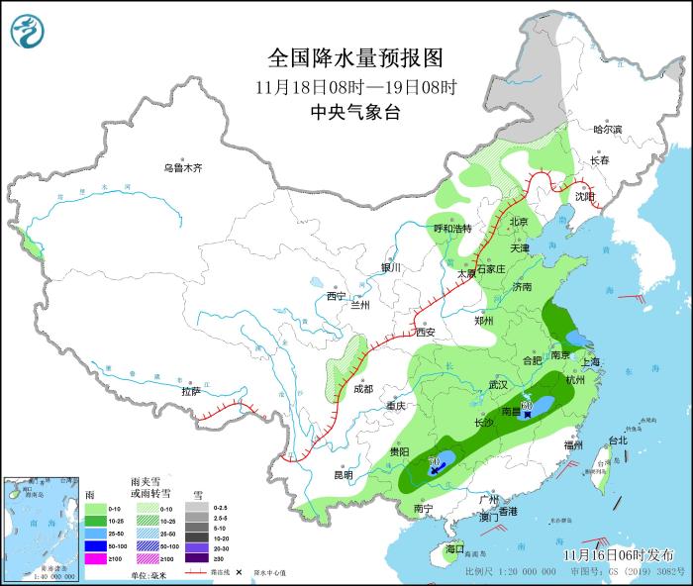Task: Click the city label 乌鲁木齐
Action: [x=183, y=168]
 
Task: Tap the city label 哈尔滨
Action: [x=607, y=130]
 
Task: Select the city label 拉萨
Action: [x=191, y=391]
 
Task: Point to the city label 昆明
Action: [x=343, y=474]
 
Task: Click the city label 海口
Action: [x=454, y=548]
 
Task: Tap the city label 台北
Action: [x=618, y=439]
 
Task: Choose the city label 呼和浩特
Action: [x=454, y=229]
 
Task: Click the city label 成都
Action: [x=362, y=389]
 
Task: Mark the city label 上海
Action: [x=590, y=362]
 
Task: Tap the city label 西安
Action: [x=427, y=333]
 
